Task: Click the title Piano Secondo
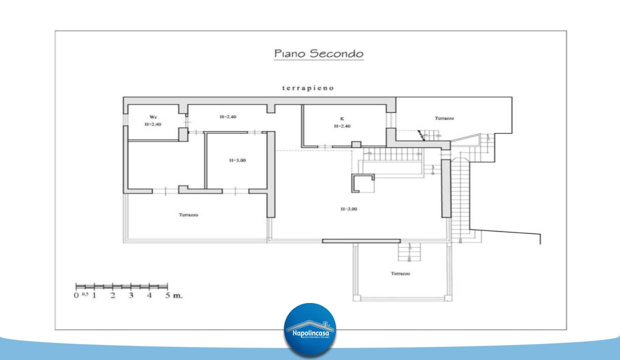coord(318,53)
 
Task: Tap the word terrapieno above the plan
coord(307,88)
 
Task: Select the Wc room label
coord(153,117)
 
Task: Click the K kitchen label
coord(342,119)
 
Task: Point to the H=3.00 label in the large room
coord(348,209)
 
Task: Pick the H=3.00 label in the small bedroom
coord(237,160)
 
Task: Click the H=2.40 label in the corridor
coord(227,116)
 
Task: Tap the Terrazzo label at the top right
coord(444,118)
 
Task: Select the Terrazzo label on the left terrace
coord(188,215)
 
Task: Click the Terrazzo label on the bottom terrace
coord(400,273)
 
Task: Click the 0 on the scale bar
coord(76,295)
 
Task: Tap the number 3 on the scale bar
coord(131,295)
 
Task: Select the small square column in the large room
coord(362,183)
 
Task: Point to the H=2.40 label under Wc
coord(153,124)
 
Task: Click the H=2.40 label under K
coord(342,126)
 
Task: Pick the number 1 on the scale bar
coord(94,295)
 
